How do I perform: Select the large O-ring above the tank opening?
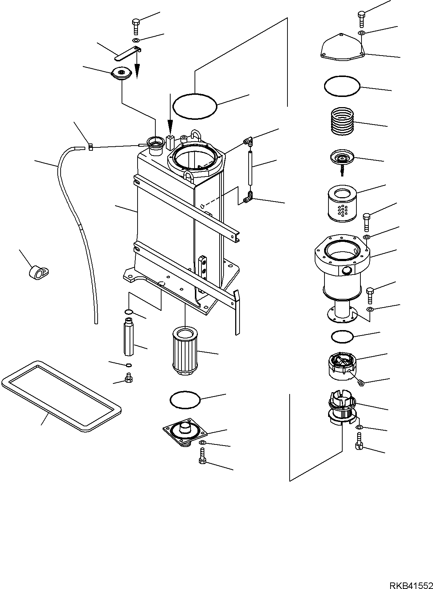(195, 106)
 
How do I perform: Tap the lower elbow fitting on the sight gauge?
(247, 198)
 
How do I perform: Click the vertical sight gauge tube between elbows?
(249, 169)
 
